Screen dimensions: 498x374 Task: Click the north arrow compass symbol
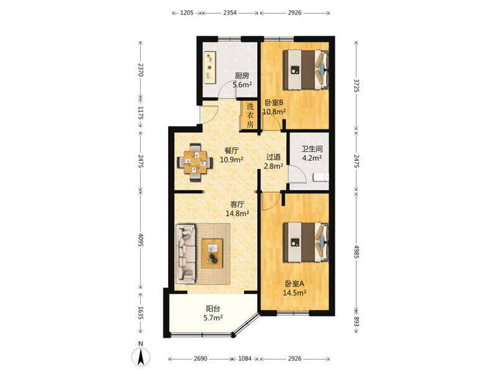point(141,355)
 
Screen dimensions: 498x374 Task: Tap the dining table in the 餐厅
point(195,163)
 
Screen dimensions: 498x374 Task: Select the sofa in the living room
point(186,254)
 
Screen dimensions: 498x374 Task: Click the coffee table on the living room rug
point(212,254)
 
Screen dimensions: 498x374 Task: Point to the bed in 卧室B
point(306,70)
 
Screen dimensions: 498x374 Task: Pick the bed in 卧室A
point(306,242)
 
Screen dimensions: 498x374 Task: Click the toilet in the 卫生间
point(321,177)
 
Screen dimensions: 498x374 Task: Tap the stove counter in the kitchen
point(210,67)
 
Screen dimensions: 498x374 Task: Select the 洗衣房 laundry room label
point(250,115)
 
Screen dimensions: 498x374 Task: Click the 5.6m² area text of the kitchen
point(242,85)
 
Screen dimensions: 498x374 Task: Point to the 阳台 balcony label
point(213,309)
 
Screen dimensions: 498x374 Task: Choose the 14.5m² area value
point(294,292)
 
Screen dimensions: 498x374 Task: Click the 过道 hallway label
point(273,157)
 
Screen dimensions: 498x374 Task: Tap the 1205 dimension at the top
point(187,13)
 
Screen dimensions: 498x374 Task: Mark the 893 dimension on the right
point(355,322)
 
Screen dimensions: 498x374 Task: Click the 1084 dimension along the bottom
point(245,359)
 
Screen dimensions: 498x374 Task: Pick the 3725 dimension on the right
point(355,85)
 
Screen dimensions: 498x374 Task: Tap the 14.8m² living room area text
point(237,213)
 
